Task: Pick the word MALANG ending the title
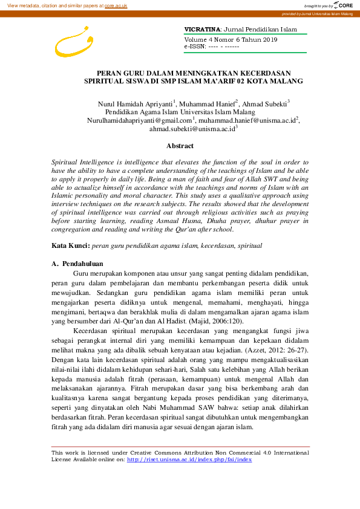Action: pyautogui.click(x=287, y=80)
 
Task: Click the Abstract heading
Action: pyautogui.click(x=180, y=146)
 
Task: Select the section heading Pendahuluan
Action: pyautogui.click(x=82, y=264)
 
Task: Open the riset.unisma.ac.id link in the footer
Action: pyautogui.click(x=189, y=459)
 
